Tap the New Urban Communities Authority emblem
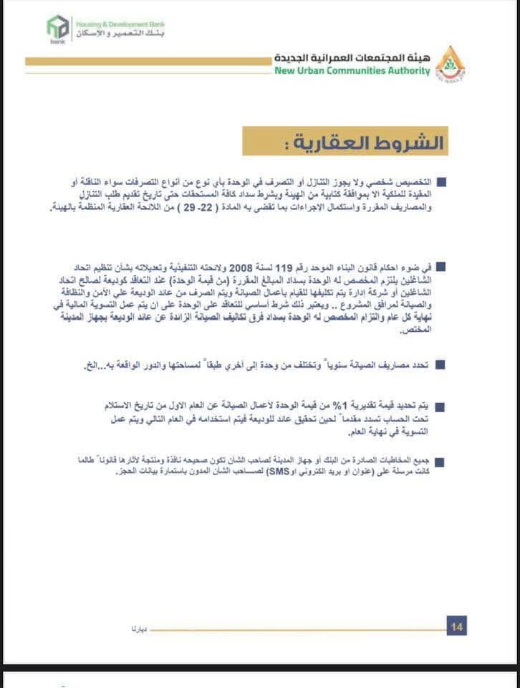450,63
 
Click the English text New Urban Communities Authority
352,71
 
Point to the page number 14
457,627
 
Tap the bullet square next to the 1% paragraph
440,407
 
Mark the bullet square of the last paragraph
440,461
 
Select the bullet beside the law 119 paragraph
440,267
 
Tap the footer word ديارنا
139,628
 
